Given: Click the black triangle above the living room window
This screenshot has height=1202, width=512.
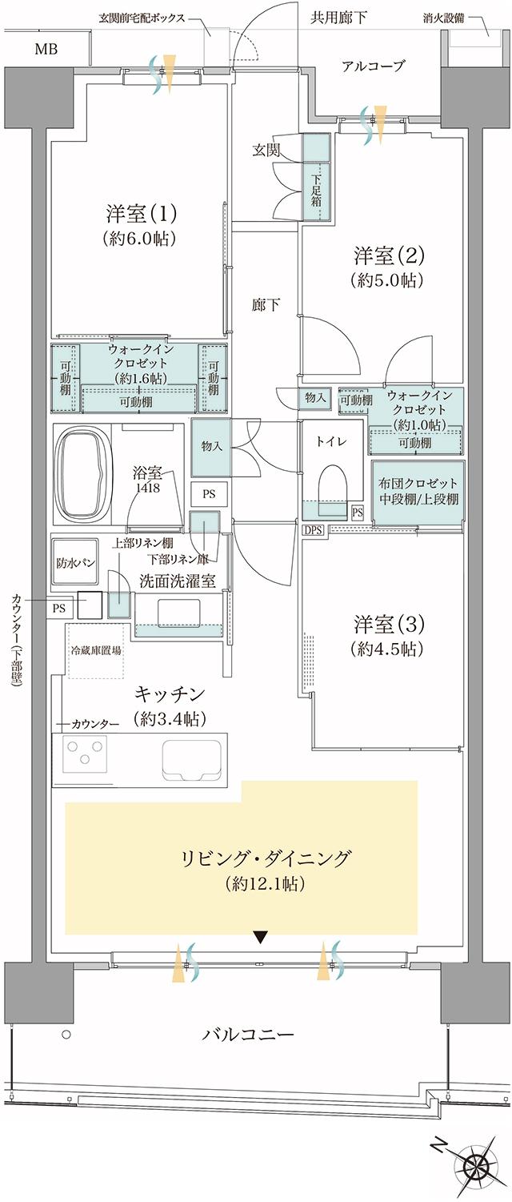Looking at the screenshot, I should click(x=259, y=936).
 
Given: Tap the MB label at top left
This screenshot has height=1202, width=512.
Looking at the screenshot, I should click(x=46, y=49).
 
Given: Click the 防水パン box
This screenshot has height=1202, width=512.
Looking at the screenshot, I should click(x=76, y=562).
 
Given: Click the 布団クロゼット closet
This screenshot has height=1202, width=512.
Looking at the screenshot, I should click(x=418, y=492).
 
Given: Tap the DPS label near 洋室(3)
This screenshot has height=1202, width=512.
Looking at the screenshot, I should click(x=311, y=529).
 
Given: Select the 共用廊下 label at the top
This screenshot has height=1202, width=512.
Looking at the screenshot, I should click(x=339, y=17).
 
